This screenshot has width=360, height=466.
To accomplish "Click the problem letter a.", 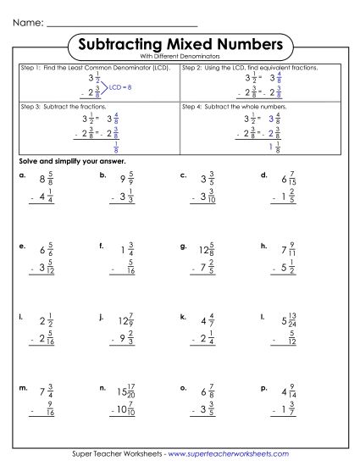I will click(20, 175).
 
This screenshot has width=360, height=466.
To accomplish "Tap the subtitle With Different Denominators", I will click(180, 56).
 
